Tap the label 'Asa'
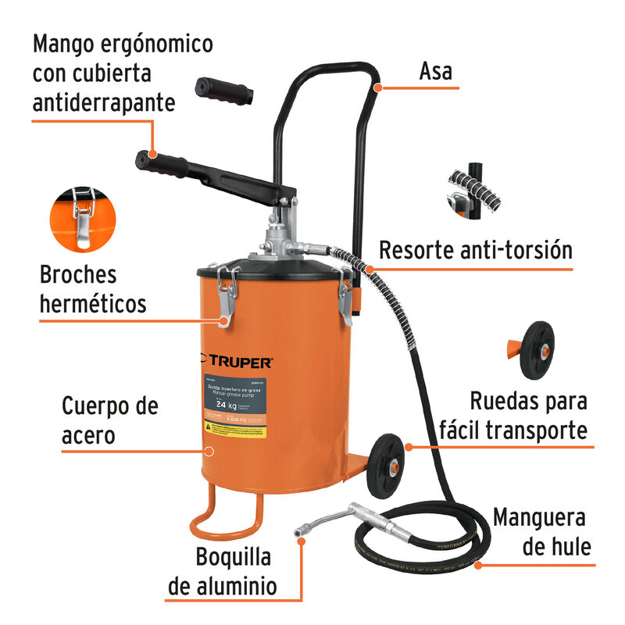[435, 73]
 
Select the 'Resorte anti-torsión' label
[476, 251]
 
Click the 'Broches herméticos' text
[92, 288]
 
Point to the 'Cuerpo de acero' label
[109, 421]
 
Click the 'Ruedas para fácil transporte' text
[527, 415]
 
